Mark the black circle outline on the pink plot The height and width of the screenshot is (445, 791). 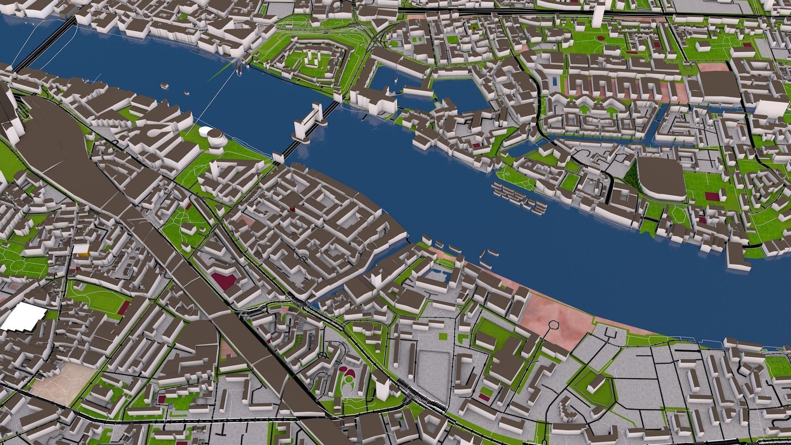pos(553,326)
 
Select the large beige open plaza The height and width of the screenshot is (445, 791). pos(62,379)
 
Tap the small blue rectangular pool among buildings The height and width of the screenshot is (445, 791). pos(556,82)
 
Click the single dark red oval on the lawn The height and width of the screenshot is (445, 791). pos(601,38)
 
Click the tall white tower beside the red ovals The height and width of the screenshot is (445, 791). pos(381,387)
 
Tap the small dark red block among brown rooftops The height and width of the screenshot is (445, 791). pos(293,208)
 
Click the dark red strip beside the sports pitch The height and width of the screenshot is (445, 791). pos(125,307)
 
